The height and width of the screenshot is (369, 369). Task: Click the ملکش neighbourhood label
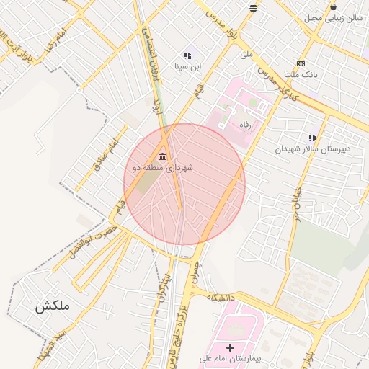click(52, 306)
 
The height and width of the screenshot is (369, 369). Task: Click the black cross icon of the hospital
click(231, 347)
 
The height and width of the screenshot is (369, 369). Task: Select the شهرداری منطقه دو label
click(163, 168)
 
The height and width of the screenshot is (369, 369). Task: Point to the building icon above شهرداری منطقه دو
click(162, 157)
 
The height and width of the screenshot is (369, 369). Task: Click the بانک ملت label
click(301, 74)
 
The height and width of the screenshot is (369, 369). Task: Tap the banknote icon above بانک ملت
click(301, 63)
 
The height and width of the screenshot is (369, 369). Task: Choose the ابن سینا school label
click(188, 66)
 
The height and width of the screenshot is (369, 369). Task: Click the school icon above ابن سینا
click(188, 55)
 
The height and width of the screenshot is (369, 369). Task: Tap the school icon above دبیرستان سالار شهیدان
click(312, 138)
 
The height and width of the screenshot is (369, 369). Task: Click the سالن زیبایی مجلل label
click(332, 18)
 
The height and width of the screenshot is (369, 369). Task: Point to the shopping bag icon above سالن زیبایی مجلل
click(333, 7)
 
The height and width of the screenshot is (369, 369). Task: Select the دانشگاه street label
click(223, 297)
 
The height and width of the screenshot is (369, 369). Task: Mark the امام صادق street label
click(104, 156)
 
